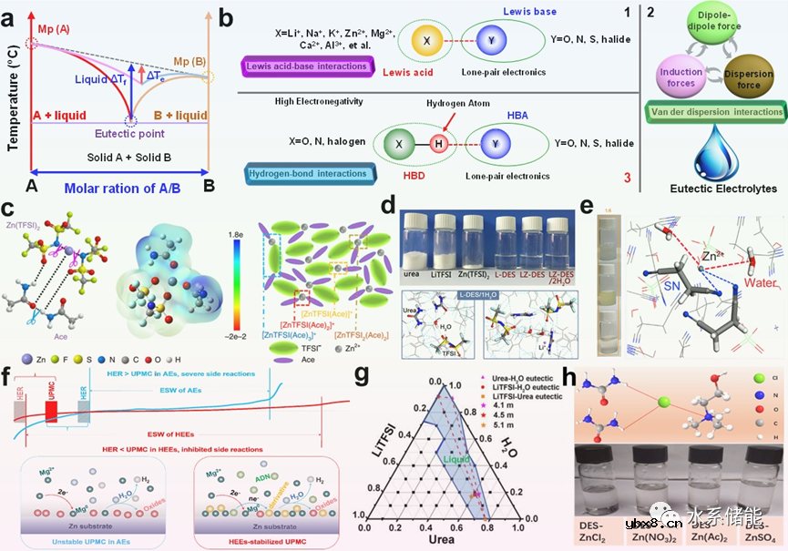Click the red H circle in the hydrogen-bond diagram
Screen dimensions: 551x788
coord(440,144)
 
